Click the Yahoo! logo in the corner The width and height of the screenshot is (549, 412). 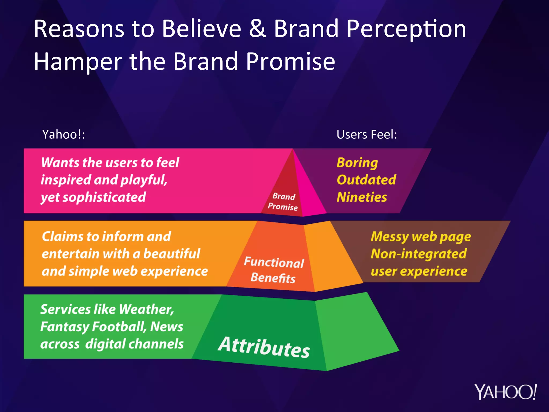(505, 392)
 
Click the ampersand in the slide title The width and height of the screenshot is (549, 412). (257, 29)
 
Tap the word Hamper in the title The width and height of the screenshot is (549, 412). (78, 62)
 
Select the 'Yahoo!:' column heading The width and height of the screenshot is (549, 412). (64, 134)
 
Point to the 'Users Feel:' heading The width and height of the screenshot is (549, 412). (366, 134)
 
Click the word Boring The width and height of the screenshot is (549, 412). (357, 163)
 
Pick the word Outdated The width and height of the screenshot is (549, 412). (366, 180)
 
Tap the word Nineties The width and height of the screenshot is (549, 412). (362, 197)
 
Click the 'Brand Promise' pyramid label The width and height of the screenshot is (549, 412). (283, 201)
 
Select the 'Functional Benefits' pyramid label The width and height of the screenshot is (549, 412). (274, 270)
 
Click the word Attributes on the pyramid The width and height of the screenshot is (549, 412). (264, 347)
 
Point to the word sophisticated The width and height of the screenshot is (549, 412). (108, 197)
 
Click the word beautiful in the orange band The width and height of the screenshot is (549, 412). (172, 254)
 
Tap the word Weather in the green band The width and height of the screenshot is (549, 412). (146, 309)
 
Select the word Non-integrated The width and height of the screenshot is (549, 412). (418, 254)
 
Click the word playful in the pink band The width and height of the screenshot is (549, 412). (144, 180)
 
